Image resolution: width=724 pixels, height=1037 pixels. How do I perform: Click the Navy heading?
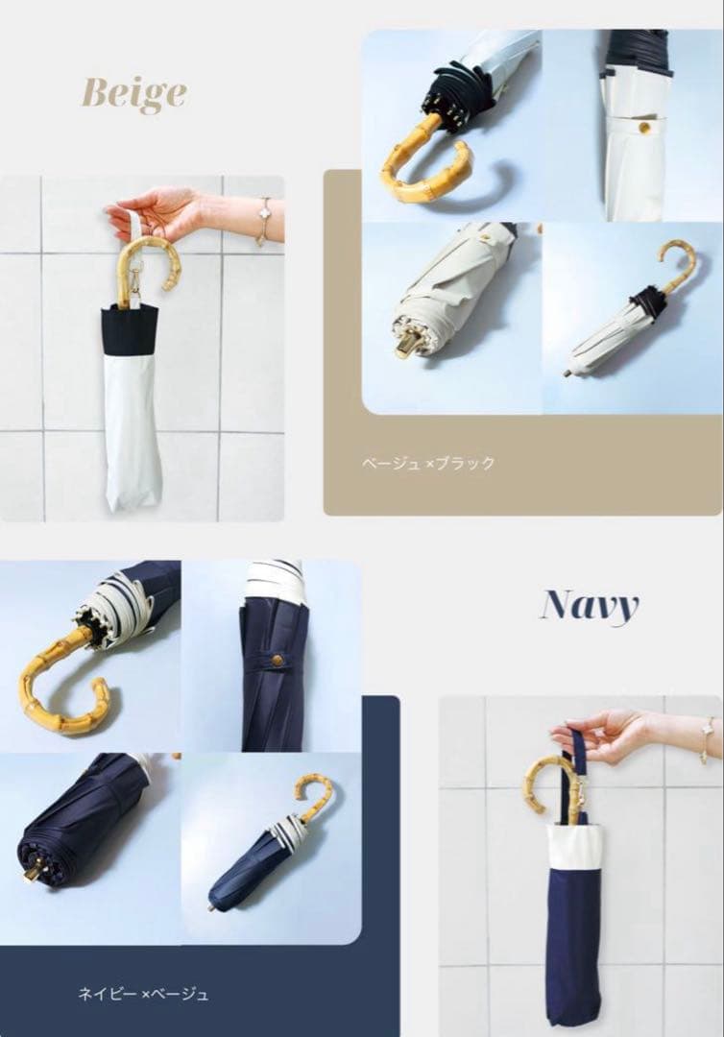click(x=590, y=606)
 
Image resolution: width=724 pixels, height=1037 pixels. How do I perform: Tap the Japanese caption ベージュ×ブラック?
click(x=428, y=463)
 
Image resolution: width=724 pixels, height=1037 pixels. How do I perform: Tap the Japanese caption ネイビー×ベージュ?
click(x=143, y=994)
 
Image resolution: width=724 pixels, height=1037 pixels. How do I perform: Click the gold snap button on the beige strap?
click(x=642, y=127)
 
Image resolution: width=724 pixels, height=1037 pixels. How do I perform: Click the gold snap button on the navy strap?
click(x=278, y=660)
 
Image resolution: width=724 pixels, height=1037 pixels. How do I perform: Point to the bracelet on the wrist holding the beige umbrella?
click(x=265, y=222)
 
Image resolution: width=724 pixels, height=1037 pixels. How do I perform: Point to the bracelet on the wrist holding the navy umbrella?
click(x=708, y=740)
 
